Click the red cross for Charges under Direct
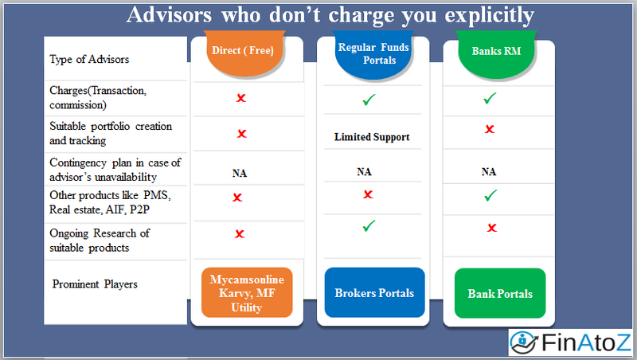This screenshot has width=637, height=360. coord(240,98)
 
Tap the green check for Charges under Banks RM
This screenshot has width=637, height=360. coord(490,98)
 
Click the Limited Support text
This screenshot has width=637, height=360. coord(372,137)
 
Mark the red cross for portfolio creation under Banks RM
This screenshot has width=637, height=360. coord(490,129)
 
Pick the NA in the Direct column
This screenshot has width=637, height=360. coord(240,171)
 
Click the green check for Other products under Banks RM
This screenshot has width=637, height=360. coord(491,195)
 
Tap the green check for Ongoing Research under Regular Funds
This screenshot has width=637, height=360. coord(368,226)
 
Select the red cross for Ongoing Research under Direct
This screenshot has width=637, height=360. coord(240,234)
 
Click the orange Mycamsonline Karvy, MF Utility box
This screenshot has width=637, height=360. coord(245,292)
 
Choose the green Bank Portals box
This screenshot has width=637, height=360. coord(500,294)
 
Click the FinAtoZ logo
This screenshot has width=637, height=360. coord(571,342)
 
